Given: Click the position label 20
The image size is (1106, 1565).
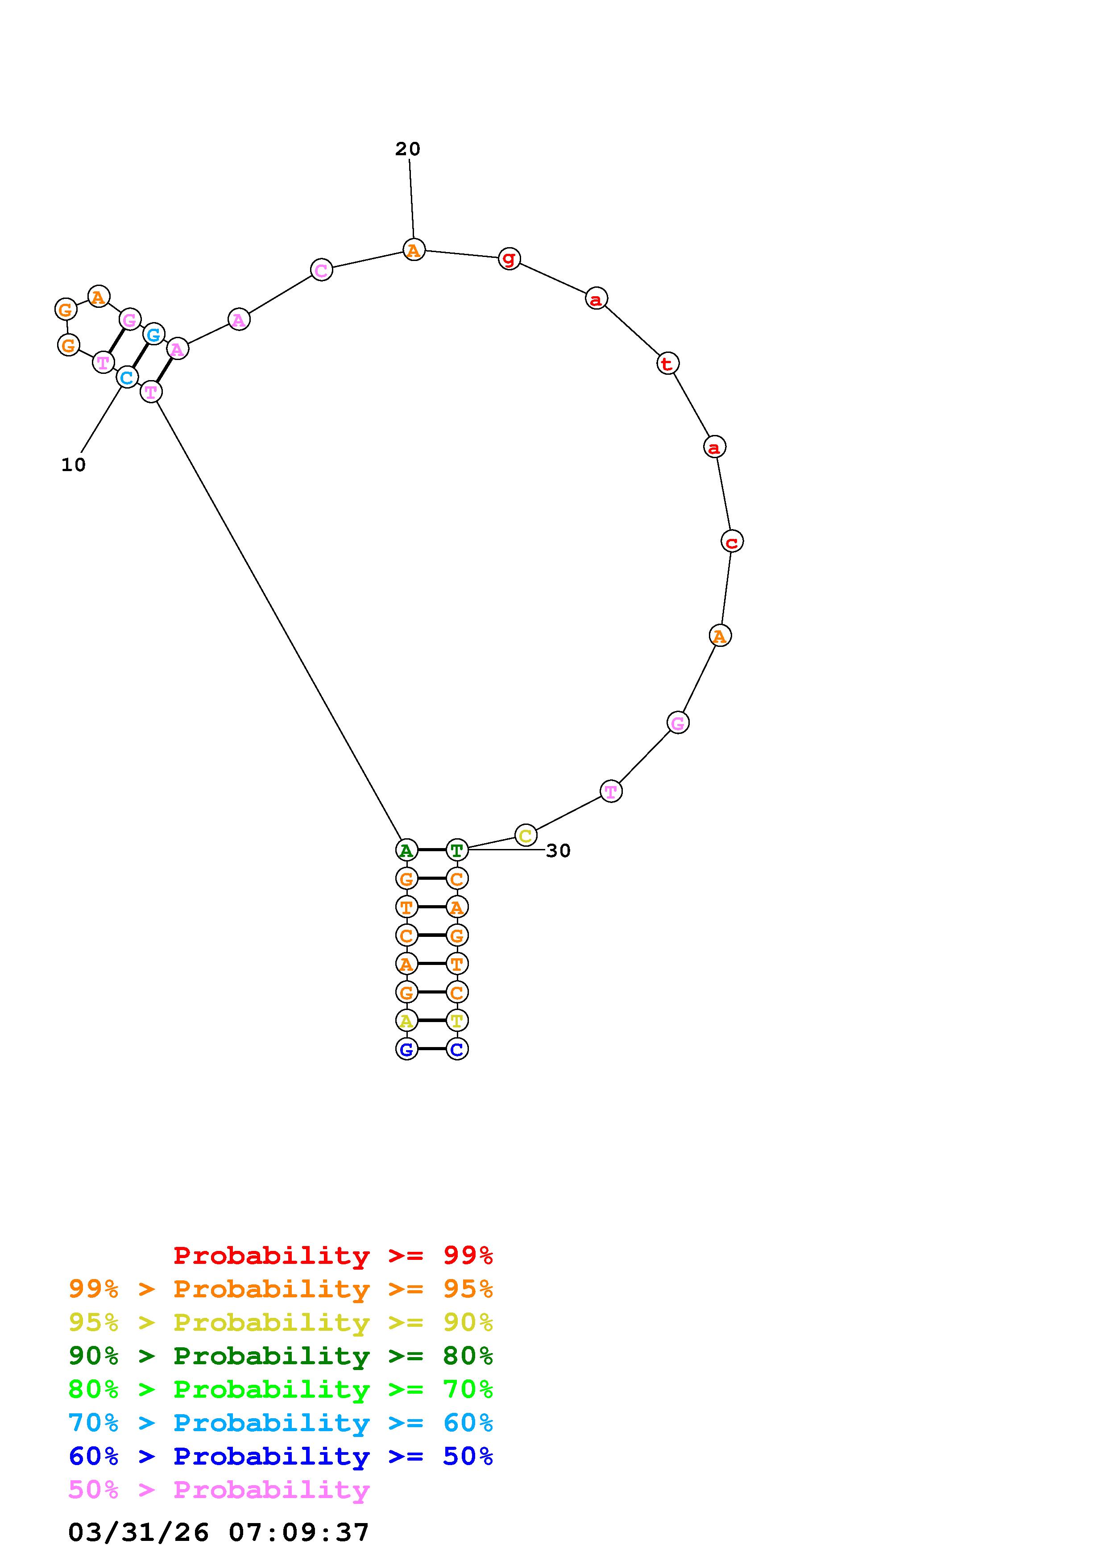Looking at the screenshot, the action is [x=407, y=149].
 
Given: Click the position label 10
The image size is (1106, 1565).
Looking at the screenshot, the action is [x=74, y=465].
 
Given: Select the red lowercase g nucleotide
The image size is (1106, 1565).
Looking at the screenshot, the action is [x=509, y=258].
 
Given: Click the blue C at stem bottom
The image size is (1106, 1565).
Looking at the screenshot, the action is [x=456, y=1049].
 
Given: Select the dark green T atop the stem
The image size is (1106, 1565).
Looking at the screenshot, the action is [x=456, y=850].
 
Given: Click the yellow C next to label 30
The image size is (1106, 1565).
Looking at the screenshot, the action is [x=526, y=835].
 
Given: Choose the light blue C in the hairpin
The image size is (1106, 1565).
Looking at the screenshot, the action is [x=127, y=377].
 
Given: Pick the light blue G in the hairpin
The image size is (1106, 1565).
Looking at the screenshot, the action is [x=154, y=334].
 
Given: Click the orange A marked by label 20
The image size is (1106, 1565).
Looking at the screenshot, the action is [x=414, y=250].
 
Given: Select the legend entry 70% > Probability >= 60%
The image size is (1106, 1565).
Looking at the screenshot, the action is [x=281, y=1423].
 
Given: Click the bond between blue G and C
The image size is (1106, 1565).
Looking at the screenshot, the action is [x=432, y=1049].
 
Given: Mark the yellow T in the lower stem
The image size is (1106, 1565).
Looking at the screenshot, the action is [x=456, y=1020].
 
